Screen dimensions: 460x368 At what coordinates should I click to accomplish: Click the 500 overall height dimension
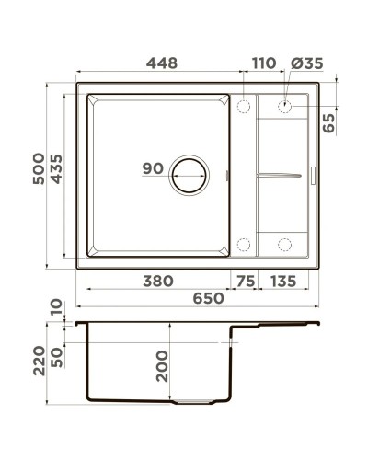[x=37, y=176]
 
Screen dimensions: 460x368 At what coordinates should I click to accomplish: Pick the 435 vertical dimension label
[x=57, y=176]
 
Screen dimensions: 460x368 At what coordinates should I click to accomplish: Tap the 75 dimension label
[x=243, y=281]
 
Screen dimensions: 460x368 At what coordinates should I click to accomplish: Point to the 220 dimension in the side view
[x=37, y=361]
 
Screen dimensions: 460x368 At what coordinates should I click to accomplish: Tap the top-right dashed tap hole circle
[x=285, y=106]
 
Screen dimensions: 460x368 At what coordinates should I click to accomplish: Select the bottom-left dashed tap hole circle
[x=244, y=244]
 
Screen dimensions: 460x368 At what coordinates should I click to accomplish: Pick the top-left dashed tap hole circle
[x=244, y=106]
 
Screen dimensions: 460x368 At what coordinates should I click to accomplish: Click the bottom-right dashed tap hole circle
[x=285, y=244]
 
